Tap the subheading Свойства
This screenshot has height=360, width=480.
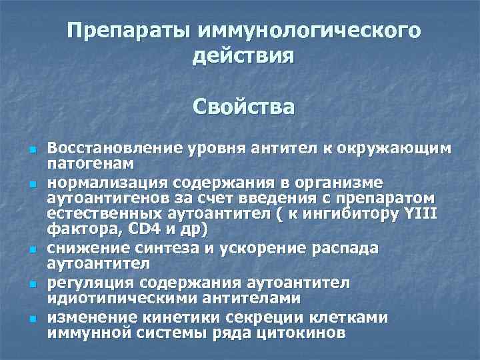(x=243, y=107)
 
